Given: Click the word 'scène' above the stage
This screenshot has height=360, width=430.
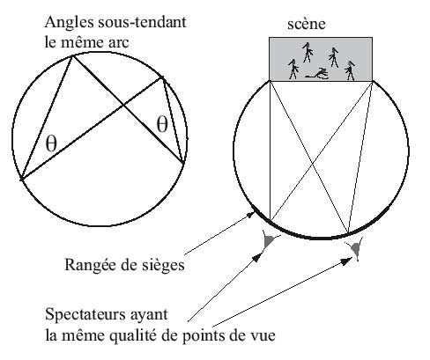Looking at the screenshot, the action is point(307,25).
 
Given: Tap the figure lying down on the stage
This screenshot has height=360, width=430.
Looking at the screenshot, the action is point(317,74).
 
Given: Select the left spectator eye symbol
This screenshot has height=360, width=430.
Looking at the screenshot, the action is point(270,240).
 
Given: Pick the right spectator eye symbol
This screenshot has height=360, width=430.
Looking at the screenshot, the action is point(357,249).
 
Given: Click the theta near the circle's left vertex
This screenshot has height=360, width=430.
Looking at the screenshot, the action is point(51,143).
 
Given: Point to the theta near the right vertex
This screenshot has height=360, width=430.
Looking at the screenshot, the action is point(162,124).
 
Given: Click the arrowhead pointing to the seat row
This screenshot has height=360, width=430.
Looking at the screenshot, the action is point(249,215).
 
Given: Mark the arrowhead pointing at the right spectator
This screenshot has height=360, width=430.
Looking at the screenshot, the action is point(347,261).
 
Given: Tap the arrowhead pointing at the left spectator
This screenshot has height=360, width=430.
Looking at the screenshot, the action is point(258,257).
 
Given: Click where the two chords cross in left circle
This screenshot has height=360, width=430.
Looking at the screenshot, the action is point(123,105).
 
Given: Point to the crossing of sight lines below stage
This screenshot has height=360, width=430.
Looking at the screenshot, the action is point(313,165).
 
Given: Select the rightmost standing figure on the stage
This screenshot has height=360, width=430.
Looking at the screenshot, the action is point(350,70).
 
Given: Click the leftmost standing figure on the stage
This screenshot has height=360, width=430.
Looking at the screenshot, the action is point(293,70).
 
